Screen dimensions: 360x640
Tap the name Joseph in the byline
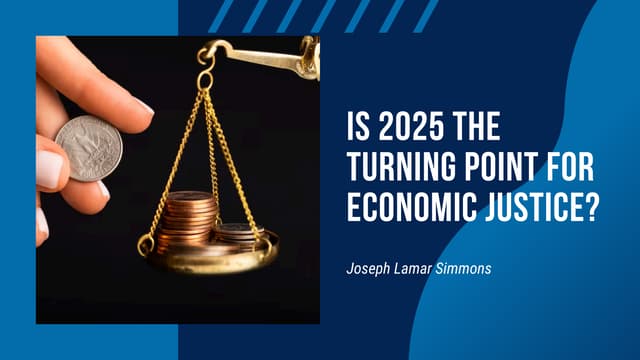pyautogui.click(x=367, y=268)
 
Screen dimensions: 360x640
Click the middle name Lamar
pyautogui.click(x=412, y=268)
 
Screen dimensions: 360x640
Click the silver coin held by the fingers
pyautogui.click(x=89, y=147)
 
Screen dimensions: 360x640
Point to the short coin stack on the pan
pyautogui.click(x=237, y=237)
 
